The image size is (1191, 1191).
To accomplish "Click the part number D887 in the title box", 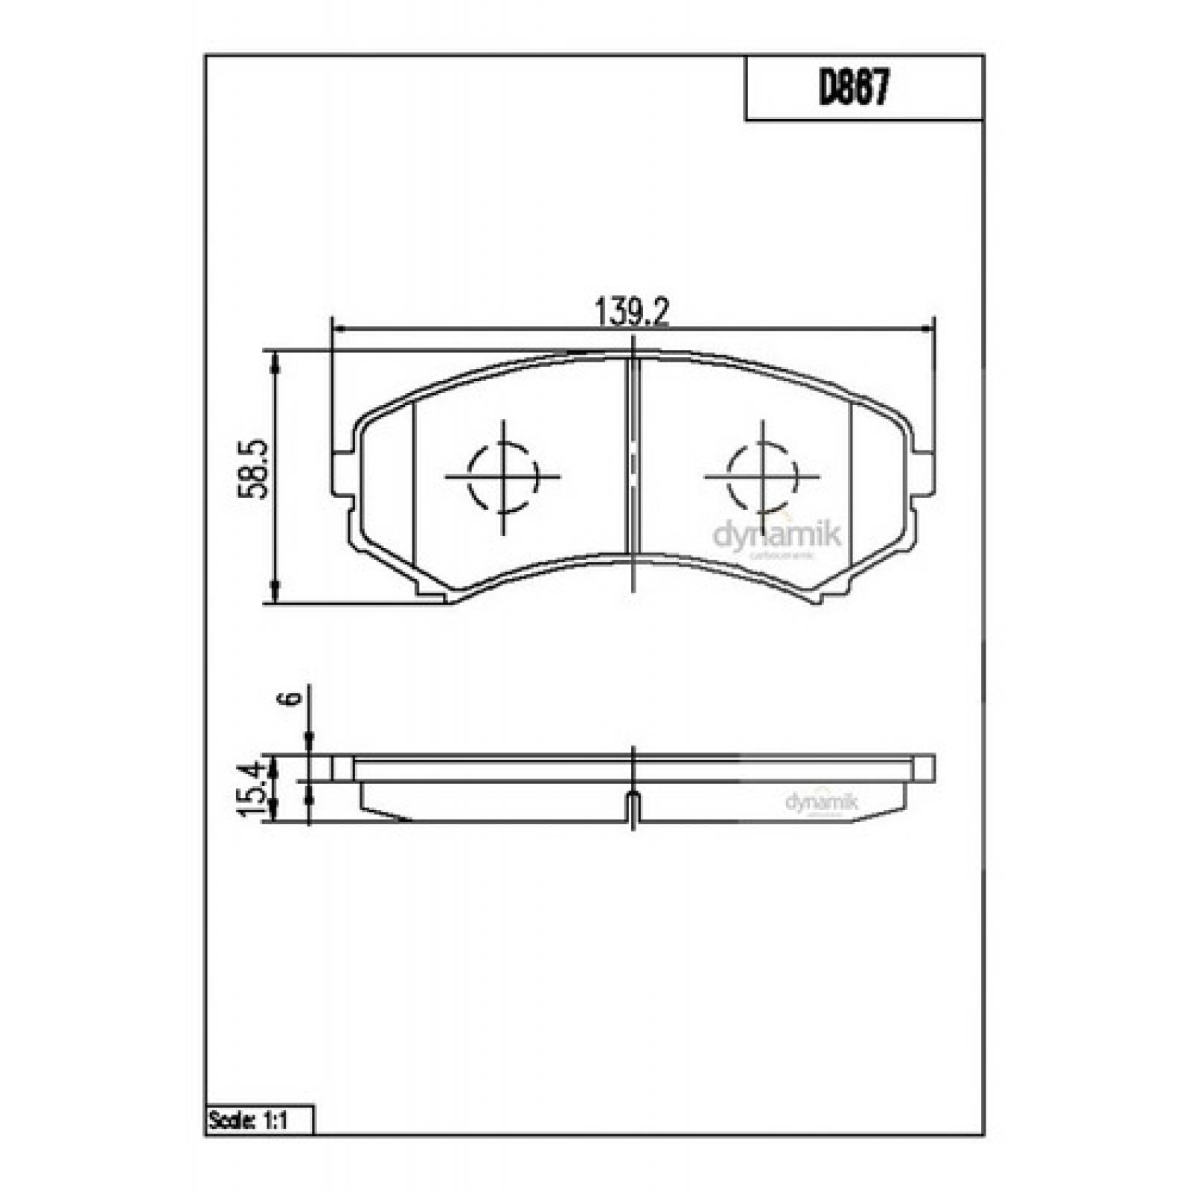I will click(x=854, y=89).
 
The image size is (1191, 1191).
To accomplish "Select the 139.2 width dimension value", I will click(x=633, y=311).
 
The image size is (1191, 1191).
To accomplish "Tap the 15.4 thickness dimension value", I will click(x=252, y=788).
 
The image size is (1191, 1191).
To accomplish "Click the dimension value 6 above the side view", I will click(x=293, y=697).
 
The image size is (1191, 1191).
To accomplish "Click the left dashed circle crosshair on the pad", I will click(x=503, y=476).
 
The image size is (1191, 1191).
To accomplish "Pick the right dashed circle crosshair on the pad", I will click(x=762, y=476).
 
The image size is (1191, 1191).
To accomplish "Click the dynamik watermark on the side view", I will click(x=822, y=802).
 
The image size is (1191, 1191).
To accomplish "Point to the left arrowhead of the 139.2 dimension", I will click(x=337, y=328).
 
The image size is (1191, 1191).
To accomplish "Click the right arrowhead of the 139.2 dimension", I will click(x=928, y=328).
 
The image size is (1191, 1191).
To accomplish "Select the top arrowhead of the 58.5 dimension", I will click(x=276, y=360).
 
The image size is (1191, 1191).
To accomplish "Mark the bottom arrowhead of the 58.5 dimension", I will click(x=276, y=593).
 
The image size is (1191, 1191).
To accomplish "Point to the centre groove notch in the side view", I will click(x=632, y=805).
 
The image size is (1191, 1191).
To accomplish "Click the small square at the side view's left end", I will click(x=342, y=767).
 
